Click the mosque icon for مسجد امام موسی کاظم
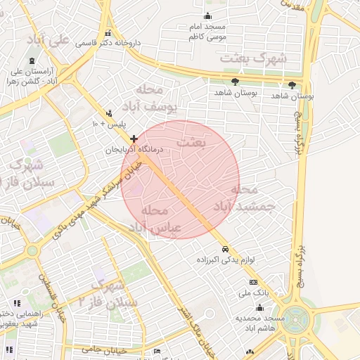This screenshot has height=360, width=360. [207, 16]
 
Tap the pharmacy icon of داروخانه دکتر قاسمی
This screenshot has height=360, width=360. [108, 33]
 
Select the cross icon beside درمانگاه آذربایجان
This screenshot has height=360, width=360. [134, 139]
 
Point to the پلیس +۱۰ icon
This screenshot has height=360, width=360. [108, 112]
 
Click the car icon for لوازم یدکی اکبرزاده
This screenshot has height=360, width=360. [225, 250]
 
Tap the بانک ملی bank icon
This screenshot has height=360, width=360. [263, 282]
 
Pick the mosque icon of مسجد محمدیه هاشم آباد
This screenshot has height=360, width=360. [260, 307]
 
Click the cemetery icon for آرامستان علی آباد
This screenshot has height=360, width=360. [30, 60]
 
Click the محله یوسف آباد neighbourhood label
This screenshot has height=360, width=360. [155, 99]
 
